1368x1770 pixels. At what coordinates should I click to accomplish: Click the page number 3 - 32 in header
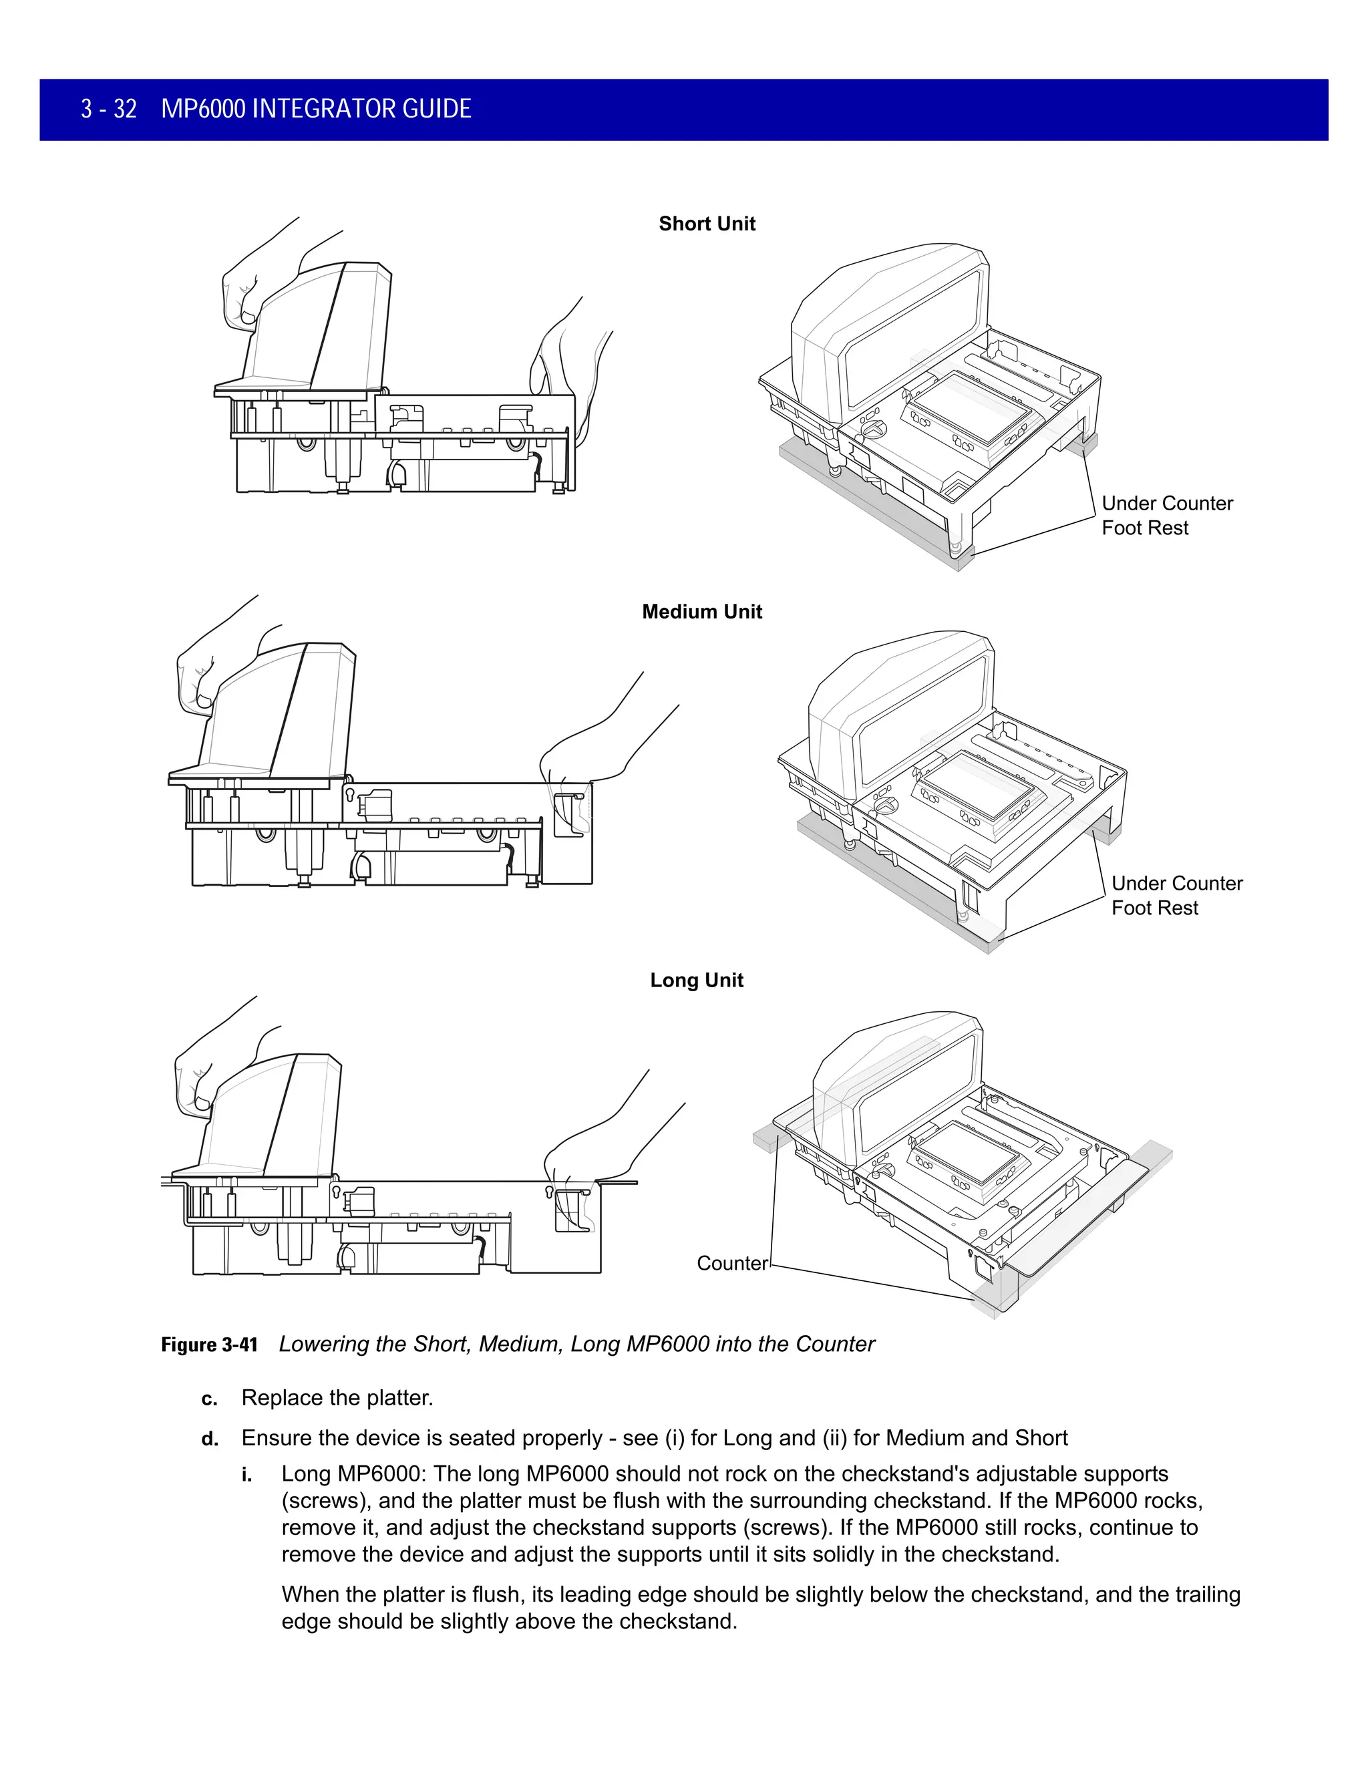pos(109,110)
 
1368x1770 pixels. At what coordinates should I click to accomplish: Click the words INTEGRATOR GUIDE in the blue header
pos(361,110)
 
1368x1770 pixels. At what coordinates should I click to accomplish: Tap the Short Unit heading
pos(707,224)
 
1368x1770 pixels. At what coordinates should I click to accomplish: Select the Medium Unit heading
pos(702,611)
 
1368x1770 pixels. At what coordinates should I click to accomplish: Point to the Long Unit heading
pos(696,980)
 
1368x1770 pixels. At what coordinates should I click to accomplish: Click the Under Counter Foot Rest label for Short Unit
pos(1166,516)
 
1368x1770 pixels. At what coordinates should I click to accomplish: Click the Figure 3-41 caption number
pos(209,1345)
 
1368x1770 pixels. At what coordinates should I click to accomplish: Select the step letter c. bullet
pos(209,1399)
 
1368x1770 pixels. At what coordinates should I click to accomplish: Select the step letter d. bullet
pos(209,1439)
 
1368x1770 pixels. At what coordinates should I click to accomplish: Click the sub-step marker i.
pos(246,1475)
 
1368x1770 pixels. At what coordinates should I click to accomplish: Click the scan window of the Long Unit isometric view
pos(968,1154)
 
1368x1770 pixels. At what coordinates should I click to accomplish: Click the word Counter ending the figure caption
pos(835,1345)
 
